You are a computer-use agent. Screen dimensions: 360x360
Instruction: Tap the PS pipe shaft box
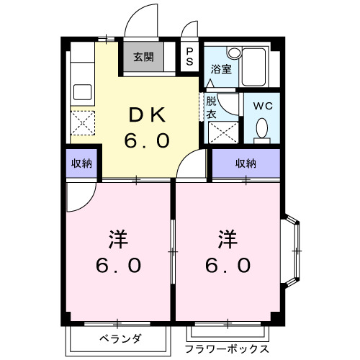189,56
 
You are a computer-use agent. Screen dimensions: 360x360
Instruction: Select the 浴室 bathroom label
220,69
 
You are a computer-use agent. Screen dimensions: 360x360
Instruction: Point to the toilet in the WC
262,128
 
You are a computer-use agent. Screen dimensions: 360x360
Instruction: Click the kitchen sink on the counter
81,91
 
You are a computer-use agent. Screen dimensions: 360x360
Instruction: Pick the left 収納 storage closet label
81,163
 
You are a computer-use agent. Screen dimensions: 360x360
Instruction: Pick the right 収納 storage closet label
246,163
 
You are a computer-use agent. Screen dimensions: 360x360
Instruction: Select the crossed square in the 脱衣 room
220,132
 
